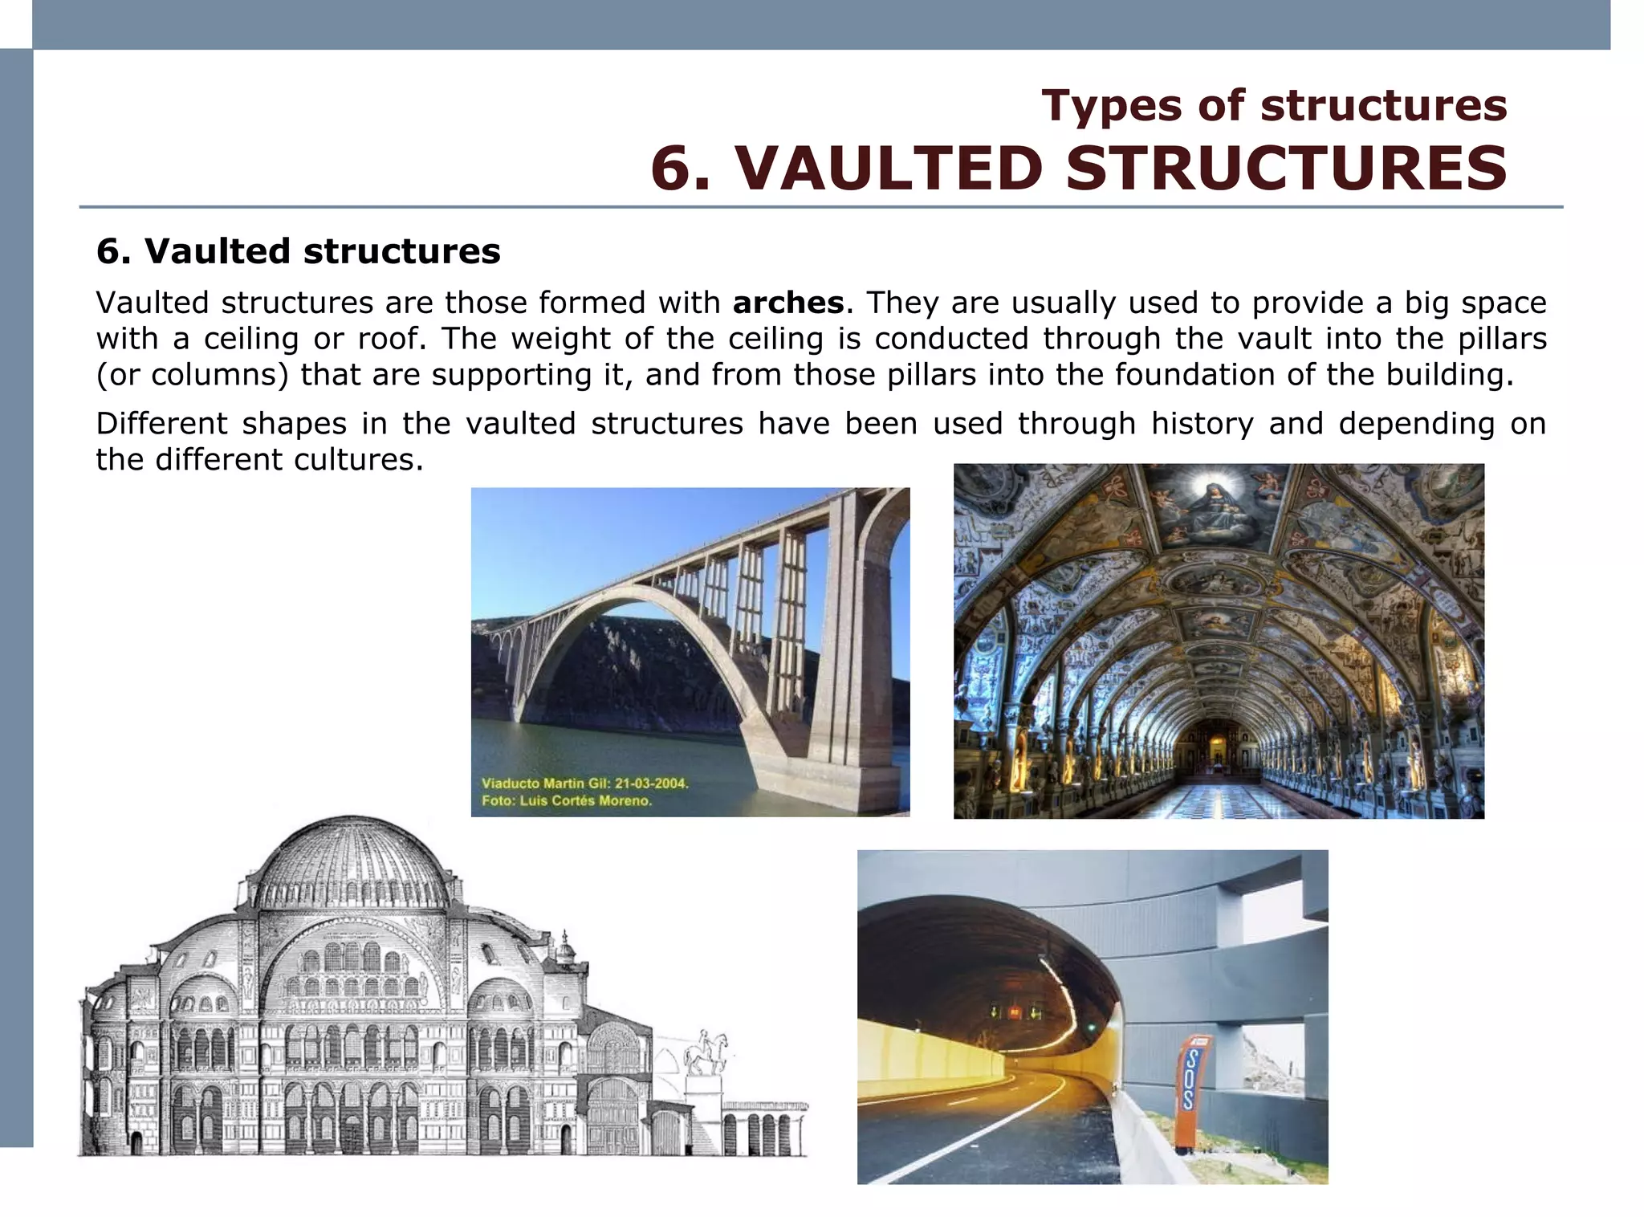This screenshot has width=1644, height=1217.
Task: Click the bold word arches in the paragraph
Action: (x=787, y=303)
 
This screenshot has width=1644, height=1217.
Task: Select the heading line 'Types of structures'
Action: (x=1274, y=105)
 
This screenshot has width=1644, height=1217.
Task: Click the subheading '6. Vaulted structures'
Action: (x=298, y=251)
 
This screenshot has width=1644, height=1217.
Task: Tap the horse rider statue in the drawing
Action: (x=706, y=1052)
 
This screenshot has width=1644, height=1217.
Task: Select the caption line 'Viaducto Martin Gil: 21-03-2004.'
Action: (x=584, y=783)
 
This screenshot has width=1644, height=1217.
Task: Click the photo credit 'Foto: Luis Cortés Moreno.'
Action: (x=567, y=800)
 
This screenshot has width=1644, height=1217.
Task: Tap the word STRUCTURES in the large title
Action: (x=1286, y=169)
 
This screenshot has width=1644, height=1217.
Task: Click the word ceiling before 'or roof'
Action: (x=251, y=339)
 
